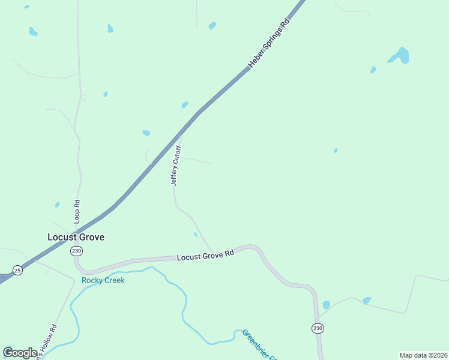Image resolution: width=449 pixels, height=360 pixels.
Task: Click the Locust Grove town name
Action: pos(76,237)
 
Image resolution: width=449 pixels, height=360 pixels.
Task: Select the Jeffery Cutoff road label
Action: pos(176,165)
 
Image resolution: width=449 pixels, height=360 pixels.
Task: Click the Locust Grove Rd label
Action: pos(205,256)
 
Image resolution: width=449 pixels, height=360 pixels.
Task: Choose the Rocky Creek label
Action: pos(103,280)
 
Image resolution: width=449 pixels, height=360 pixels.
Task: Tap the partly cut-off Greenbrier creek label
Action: pos(258,345)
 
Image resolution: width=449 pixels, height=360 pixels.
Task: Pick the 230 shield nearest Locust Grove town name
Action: pos(76,251)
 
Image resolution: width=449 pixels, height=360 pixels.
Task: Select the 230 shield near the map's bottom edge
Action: pos(318,328)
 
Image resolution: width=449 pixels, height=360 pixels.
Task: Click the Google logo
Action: pos(20,353)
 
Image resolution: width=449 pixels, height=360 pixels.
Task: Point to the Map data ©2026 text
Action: pos(423,355)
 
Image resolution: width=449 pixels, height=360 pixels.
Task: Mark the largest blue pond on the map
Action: pos(400,55)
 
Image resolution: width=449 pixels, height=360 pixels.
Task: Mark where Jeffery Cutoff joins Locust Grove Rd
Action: pos(214,253)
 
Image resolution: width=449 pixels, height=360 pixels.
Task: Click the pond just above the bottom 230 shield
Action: pos(327,305)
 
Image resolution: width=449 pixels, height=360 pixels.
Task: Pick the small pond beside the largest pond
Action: pos(373,70)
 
